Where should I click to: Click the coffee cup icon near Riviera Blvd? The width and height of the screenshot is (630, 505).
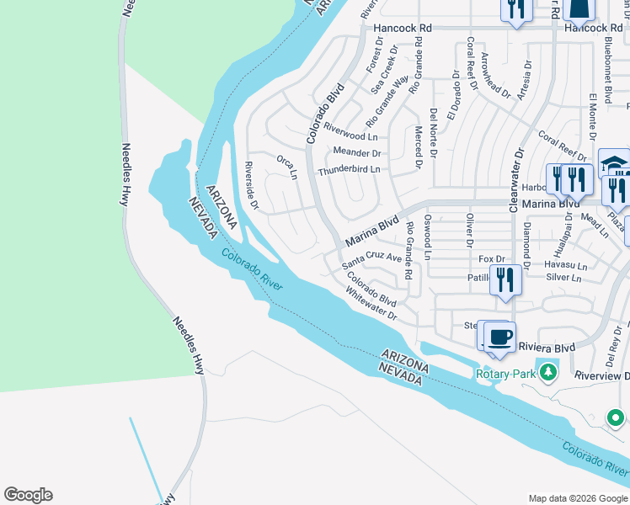(x=500, y=336)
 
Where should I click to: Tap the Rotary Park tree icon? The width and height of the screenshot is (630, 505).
(x=548, y=372)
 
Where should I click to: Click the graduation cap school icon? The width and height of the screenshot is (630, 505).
(x=614, y=162)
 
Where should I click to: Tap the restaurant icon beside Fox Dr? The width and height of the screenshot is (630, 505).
(x=505, y=279)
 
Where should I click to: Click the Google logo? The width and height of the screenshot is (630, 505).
(x=28, y=495)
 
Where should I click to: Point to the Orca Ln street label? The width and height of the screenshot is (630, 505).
(x=287, y=167)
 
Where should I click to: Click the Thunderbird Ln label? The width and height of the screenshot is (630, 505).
(x=349, y=170)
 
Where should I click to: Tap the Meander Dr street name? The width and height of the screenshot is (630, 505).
(x=357, y=153)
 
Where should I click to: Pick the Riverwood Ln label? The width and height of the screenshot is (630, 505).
(x=350, y=135)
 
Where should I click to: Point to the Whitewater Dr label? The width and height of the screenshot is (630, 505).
(x=371, y=303)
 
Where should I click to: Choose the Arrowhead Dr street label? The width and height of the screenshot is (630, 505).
(x=496, y=77)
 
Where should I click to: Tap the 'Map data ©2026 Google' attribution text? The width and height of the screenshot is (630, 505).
(x=577, y=497)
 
